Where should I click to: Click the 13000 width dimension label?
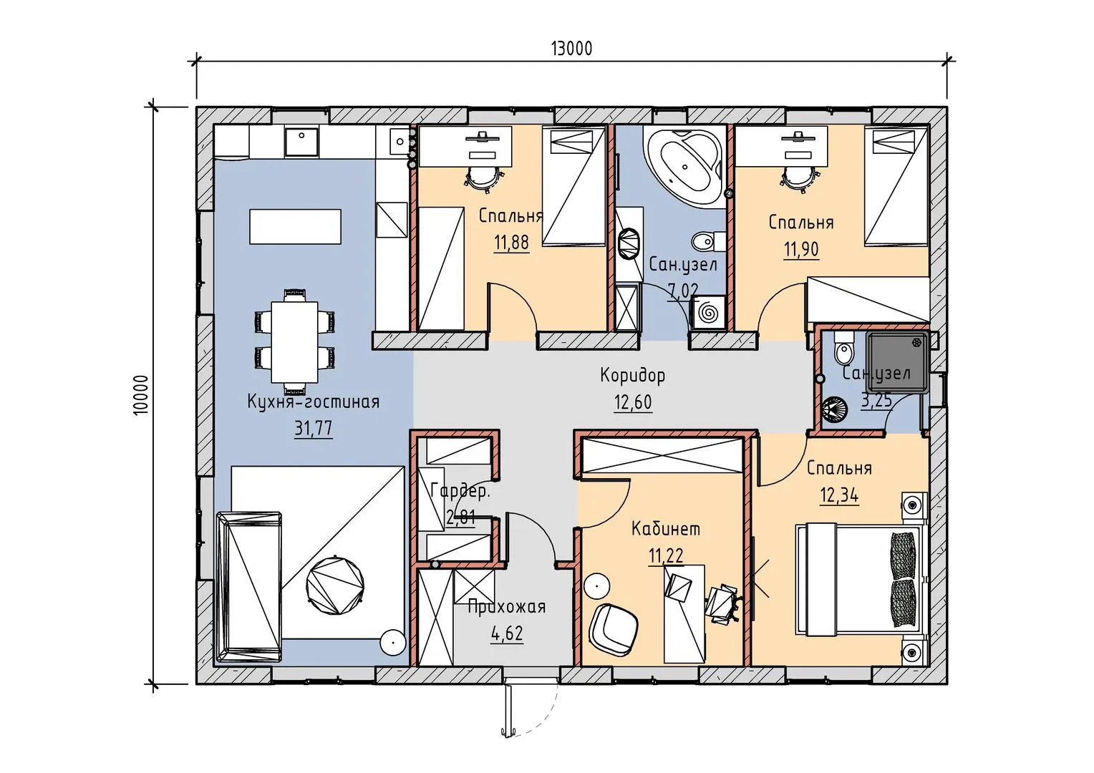pyautogui.click(x=571, y=49)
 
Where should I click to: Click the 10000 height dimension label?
pyautogui.click(x=140, y=395)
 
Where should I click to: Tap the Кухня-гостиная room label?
pyautogui.click(x=313, y=402)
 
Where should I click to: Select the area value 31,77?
pyautogui.click(x=313, y=428)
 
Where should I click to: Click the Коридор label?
pyautogui.click(x=632, y=376)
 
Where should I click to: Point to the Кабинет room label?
pyautogui.click(x=666, y=529)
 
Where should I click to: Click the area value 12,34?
pyautogui.click(x=840, y=495)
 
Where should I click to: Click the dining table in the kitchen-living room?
pyautogui.click(x=294, y=342)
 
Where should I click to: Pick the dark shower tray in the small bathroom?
pyautogui.click(x=897, y=362)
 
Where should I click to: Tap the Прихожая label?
pyautogui.click(x=506, y=608)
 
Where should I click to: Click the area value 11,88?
pyautogui.click(x=511, y=242)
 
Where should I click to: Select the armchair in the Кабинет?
pyautogui.click(x=613, y=629)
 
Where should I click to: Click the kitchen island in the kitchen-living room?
pyautogui.click(x=295, y=227)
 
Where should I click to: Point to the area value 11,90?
pyautogui.click(x=801, y=250)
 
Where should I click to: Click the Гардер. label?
pyautogui.click(x=460, y=491)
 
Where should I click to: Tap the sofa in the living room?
pyautogui.click(x=249, y=588)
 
